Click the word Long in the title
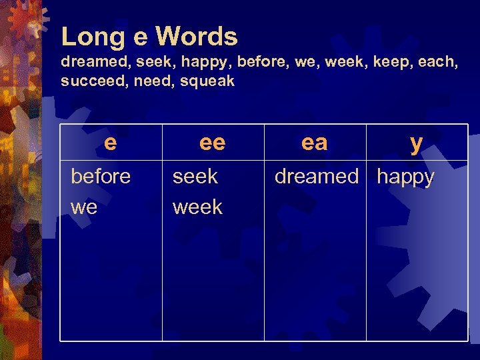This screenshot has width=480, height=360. point(89,37)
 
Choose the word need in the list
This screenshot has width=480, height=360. point(151,81)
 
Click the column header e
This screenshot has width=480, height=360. point(111,142)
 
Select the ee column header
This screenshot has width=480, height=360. point(213,142)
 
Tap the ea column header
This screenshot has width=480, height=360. point(315,142)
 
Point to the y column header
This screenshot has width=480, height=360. point(417,143)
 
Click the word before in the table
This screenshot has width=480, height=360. point(101,177)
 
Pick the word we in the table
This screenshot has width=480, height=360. point(84,207)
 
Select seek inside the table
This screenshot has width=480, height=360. point(195,177)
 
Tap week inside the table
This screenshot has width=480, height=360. point(197,207)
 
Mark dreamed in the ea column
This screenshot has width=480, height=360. point(317,177)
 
